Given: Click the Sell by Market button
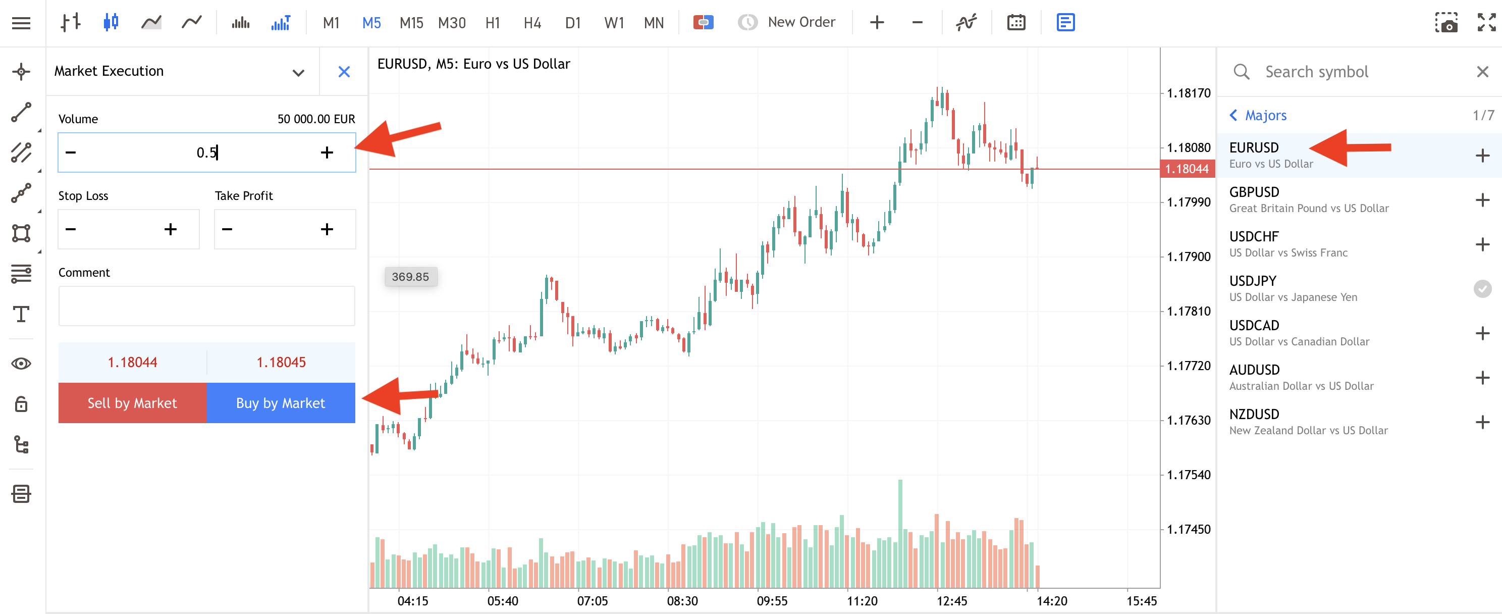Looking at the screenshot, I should pos(132,403).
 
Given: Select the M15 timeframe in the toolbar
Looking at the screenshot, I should pos(411,23).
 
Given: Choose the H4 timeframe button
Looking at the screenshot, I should pos(532,23).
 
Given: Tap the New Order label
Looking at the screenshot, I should pos(801,22).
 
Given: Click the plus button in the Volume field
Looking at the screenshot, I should pos(327,152).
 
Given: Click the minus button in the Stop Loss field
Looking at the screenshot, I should pos(71,229).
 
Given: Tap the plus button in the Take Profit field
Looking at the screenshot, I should pos(327,229).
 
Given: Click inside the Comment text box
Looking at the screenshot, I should pos(206,305).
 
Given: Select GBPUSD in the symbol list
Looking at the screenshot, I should pos(1254,192).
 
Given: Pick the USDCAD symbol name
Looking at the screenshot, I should pos(1254,325).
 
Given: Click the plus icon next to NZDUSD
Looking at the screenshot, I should pos(1482,422).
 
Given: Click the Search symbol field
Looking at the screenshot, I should pos(1353,72).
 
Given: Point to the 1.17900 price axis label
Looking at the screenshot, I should pos(1188,257).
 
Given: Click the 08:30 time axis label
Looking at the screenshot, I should pos(682,600).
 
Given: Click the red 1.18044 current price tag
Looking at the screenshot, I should pos(1187,169).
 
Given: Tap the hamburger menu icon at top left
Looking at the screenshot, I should pos(22,23).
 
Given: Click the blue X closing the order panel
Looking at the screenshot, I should pos(344,72).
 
